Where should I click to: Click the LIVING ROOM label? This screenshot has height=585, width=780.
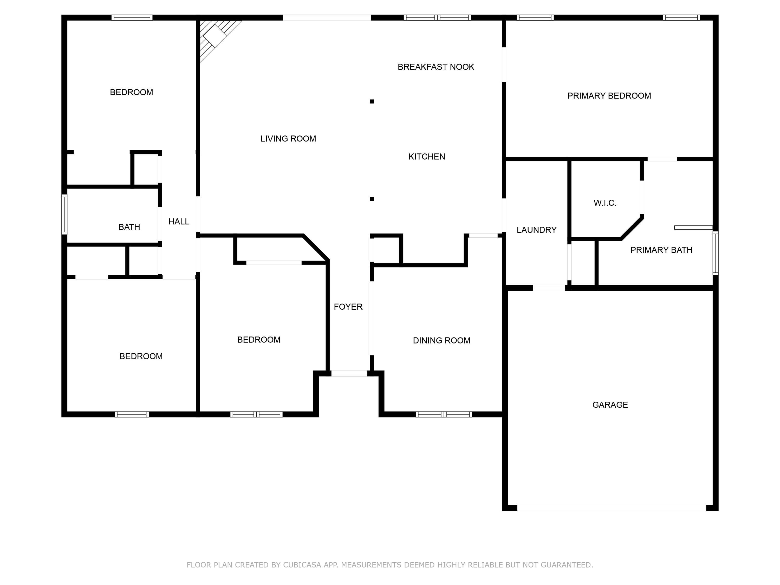pos(288,139)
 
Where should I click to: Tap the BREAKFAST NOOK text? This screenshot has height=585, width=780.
pos(436,67)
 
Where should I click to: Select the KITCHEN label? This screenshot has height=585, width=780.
pos(427,157)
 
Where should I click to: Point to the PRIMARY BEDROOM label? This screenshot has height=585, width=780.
pos(609,96)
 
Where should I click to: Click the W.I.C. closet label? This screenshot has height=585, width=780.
pos(605,203)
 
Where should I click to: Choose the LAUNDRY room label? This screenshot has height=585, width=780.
pos(536,230)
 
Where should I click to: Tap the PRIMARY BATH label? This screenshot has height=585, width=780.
pos(661,250)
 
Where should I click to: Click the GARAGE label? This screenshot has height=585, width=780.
pos(610,405)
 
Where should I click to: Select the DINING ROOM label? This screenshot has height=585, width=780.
pos(441,341)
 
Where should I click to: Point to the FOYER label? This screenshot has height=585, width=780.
pos(348,307)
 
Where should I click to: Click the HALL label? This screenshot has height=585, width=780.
pos(179,222)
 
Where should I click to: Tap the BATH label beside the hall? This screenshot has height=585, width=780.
pos(129,227)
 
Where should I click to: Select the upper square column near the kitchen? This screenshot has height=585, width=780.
pos(372,102)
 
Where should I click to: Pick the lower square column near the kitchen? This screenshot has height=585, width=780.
pos(372,199)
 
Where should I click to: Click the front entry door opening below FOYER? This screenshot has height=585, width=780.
pos(349,373)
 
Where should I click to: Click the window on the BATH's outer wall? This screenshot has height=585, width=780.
pos(64,214)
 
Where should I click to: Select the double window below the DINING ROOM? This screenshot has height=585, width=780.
pos(444,414)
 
